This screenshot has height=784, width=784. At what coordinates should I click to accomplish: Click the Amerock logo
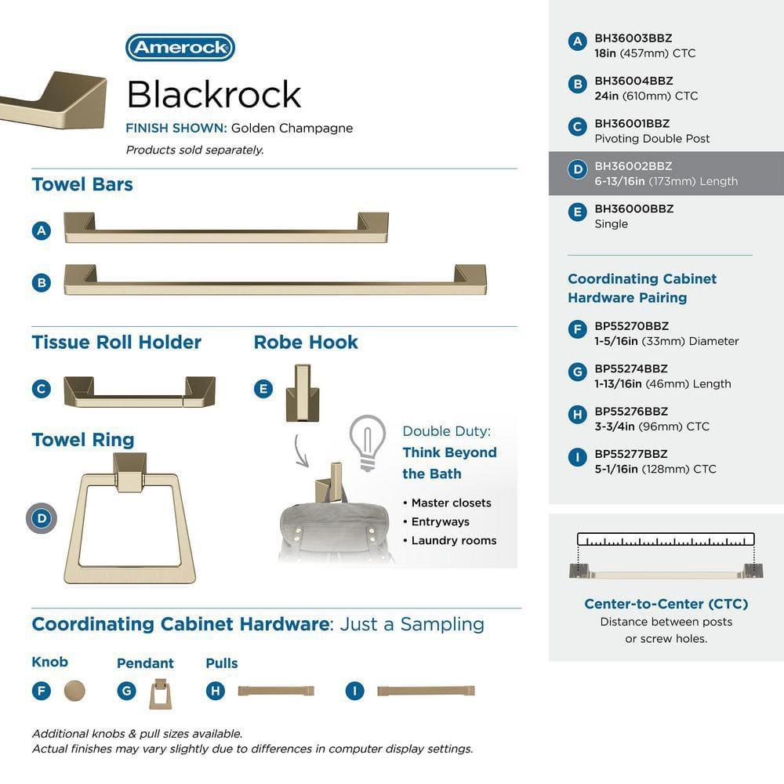click(x=180, y=47)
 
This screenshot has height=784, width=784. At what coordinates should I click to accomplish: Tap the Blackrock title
click(x=214, y=94)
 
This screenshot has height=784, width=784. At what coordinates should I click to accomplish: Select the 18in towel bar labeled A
click(x=226, y=228)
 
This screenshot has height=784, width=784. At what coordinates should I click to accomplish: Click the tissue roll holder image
click(x=140, y=391)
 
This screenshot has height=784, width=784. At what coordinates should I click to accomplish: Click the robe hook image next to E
click(x=301, y=390)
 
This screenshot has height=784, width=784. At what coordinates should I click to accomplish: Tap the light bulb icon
click(x=367, y=441)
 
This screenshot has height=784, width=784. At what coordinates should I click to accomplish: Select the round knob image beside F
click(x=74, y=691)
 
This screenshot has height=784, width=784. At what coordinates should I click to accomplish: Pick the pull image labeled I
click(x=426, y=691)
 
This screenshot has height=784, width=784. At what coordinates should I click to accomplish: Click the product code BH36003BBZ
click(x=633, y=38)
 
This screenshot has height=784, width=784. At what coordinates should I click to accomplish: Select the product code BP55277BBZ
click(x=630, y=454)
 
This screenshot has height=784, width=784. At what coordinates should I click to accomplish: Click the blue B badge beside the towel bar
click(x=42, y=282)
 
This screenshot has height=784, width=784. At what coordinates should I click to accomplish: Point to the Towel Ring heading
click(x=83, y=440)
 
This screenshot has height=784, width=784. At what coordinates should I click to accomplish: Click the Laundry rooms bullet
click(x=453, y=540)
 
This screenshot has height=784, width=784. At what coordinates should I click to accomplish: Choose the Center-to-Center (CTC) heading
click(x=666, y=604)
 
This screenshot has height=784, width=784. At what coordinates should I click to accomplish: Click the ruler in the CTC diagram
click(x=666, y=539)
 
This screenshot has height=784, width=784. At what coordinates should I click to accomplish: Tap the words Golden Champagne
click(x=292, y=128)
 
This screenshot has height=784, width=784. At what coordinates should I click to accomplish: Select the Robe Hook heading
click(x=306, y=343)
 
